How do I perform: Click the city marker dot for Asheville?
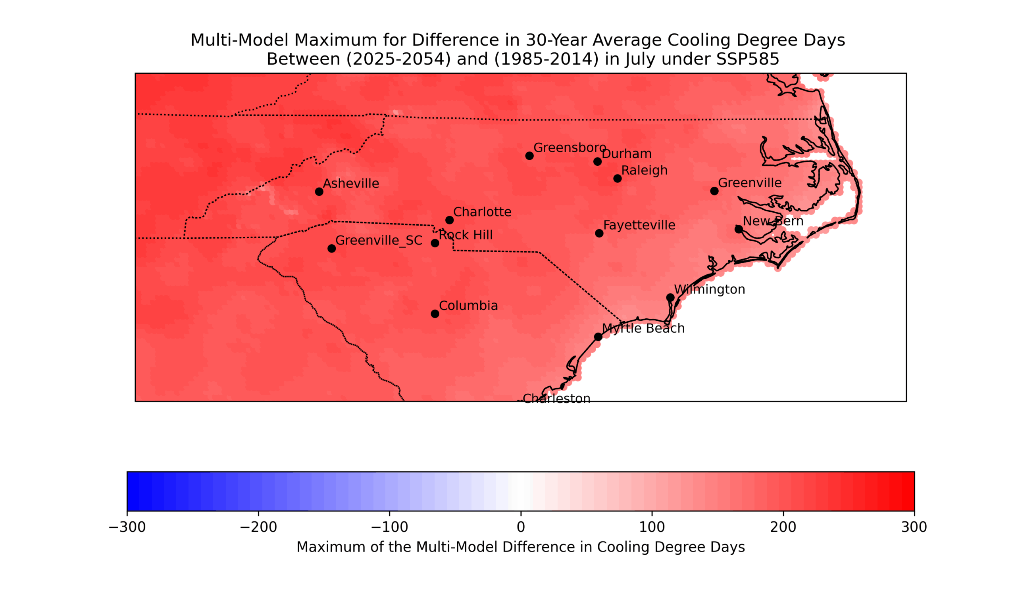(319, 192)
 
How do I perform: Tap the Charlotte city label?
(482, 212)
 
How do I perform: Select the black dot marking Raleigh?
(617, 178)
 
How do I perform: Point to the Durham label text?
(627, 154)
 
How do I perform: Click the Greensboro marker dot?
(529, 156)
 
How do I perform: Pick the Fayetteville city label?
(639, 225)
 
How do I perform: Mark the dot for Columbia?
(435, 314)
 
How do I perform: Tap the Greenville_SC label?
(379, 241)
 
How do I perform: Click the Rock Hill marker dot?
(435, 243)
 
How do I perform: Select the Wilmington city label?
(710, 290)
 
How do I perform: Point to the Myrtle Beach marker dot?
(598, 337)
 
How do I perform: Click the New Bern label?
(773, 221)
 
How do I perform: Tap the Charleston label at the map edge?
(556, 398)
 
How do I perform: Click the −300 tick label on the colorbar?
(127, 527)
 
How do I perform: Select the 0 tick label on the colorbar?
(521, 527)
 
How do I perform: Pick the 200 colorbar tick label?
(783, 527)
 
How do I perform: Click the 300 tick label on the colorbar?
(914, 527)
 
